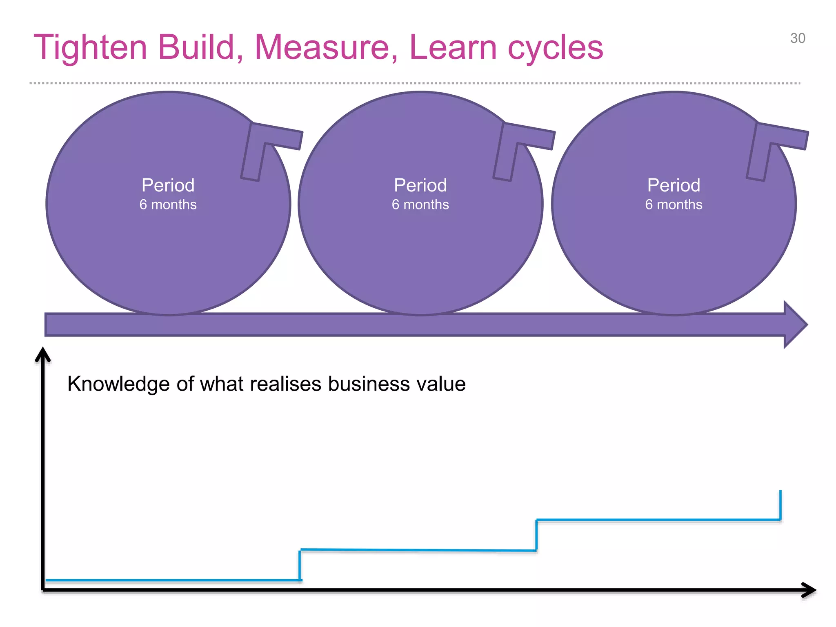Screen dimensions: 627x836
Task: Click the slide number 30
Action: coord(797,38)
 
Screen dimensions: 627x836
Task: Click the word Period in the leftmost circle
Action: coord(168,185)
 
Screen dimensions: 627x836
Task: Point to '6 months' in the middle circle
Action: coord(420,205)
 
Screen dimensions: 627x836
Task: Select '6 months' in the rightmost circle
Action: coord(674,205)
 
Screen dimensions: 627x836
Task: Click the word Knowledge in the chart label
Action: coord(118,384)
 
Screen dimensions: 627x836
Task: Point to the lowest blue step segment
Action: coord(171,580)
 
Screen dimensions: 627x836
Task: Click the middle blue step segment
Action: coord(418,550)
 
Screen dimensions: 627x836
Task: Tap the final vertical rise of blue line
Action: coord(780,505)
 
